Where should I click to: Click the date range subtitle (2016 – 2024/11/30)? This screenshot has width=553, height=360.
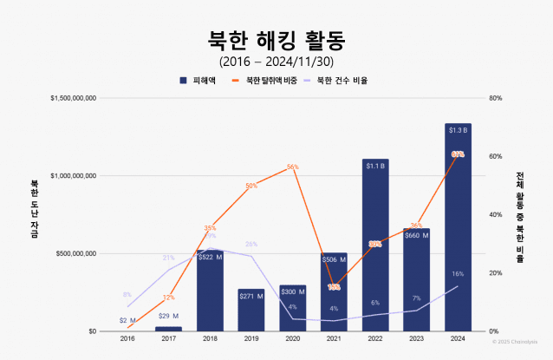click(276, 62)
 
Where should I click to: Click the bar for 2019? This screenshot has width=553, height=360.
click(251, 310)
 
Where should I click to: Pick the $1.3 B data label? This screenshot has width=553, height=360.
click(458, 130)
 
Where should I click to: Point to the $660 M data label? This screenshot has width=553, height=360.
click(417, 235)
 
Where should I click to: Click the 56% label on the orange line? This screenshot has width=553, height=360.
click(292, 167)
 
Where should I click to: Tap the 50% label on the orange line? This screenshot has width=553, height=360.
click(251, 186)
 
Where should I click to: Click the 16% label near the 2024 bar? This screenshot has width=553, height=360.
click(458, 274)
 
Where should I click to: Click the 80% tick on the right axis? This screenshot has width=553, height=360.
click(496, 98)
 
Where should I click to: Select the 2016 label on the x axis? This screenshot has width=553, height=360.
click(127, 338)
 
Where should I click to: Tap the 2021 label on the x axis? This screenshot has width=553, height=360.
click(334, 338)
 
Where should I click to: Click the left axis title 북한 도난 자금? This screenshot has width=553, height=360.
click(35, 214)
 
